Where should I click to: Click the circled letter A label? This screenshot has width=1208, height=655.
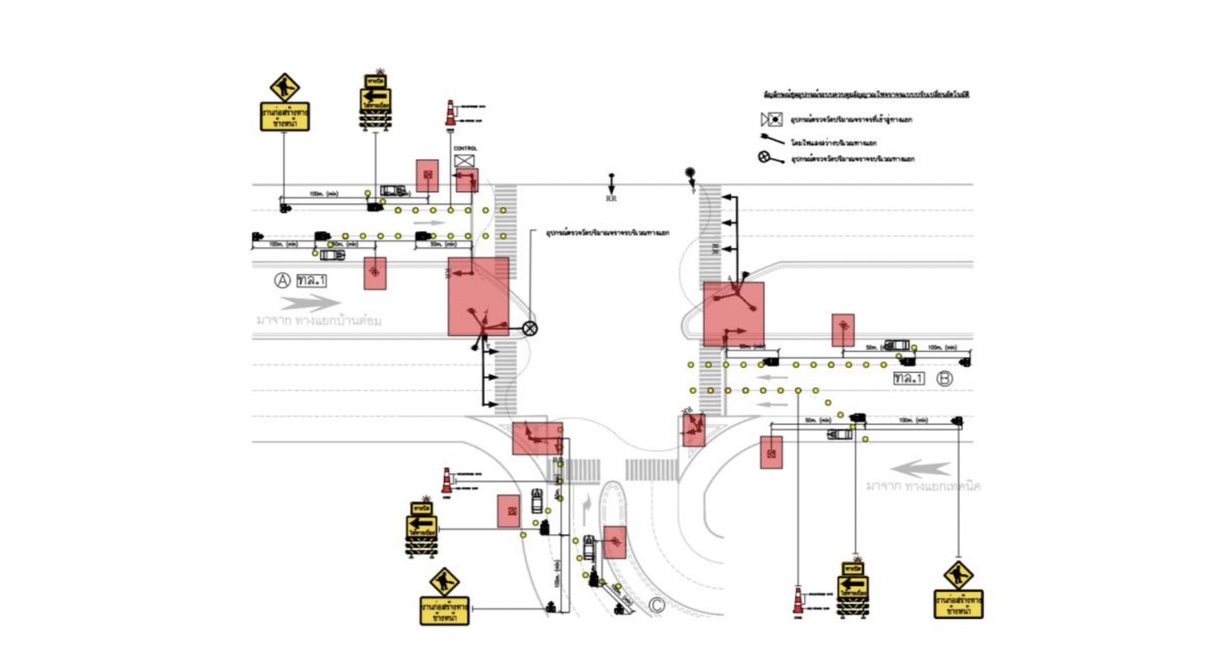(x=281, y=280)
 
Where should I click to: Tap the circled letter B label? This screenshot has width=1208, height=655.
(x=944, y=379)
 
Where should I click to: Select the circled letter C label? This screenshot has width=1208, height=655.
(x=656, y=605)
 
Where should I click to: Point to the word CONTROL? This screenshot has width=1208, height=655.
(x=465, y=148)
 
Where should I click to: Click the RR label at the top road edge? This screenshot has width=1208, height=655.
(x=611, y=199)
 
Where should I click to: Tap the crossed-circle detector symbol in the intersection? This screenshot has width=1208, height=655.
(x=530, y=328)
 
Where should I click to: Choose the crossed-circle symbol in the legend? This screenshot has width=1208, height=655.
(x=764, y=157)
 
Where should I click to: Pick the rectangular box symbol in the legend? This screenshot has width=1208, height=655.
(x=771, y=120)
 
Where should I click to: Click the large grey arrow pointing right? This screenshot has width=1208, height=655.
(x=310, y=302)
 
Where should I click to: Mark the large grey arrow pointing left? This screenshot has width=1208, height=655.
(x=920, y=468)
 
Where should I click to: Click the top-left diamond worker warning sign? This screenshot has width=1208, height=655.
(x=284, y=88)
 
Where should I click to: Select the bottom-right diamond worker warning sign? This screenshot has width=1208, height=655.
(x=958, y=575)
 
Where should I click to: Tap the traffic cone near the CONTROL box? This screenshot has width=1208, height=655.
(x=450, y=113)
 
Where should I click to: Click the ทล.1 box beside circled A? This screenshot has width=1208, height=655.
(x=311, y=280)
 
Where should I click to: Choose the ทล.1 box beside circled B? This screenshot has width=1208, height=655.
(x=908, y=379)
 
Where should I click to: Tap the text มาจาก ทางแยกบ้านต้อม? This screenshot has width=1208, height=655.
(x=318, y=321)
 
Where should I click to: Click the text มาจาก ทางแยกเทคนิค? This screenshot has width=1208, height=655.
(x=922, y=486)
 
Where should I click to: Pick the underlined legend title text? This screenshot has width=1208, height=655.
(x=866, y=94)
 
